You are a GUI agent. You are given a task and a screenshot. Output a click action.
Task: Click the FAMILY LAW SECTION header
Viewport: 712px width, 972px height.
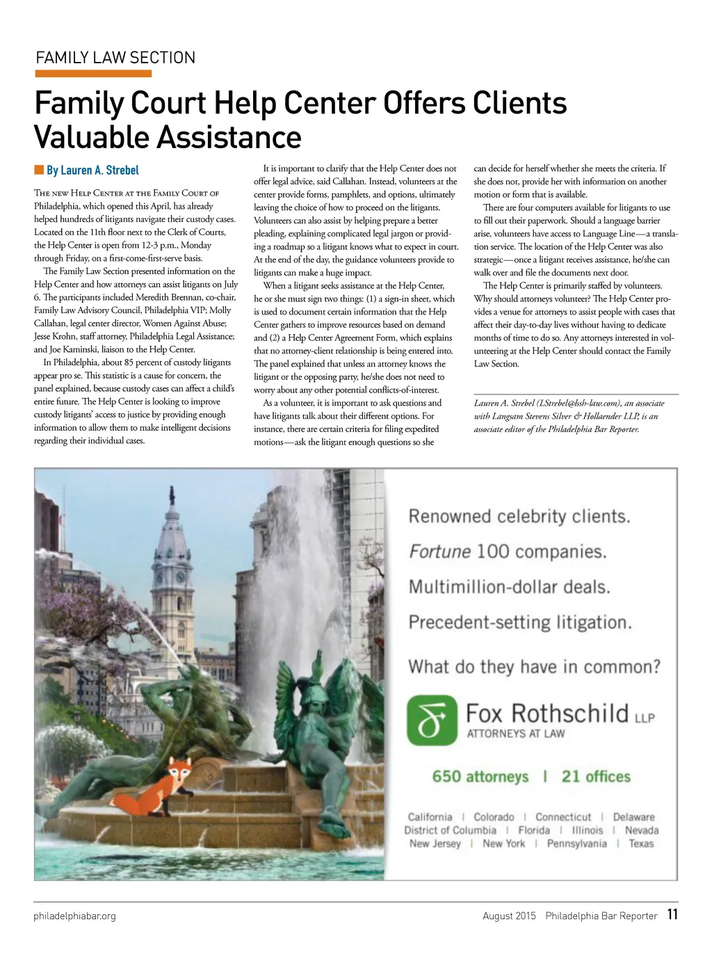115,58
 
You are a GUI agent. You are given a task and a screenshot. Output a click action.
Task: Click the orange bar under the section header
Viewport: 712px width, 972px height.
92,74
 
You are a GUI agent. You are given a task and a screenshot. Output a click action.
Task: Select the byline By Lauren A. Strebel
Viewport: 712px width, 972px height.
92,170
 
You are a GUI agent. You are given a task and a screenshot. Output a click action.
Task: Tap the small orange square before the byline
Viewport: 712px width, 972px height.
39,170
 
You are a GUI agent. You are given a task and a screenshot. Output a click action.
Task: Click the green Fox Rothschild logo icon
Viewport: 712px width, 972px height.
432,720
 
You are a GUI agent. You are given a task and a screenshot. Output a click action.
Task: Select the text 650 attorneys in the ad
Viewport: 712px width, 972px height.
480,776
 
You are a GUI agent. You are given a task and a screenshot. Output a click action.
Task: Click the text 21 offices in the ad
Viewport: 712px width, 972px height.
596,776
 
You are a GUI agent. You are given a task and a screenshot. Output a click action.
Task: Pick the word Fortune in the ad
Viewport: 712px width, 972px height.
439,552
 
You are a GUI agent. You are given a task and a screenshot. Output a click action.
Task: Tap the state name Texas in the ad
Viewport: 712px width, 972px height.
641,843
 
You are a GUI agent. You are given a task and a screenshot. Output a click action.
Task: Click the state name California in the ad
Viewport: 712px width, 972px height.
430,817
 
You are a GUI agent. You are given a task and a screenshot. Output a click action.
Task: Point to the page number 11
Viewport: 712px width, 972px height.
672,914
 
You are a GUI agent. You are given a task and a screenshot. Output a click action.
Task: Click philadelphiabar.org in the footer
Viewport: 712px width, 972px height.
75,916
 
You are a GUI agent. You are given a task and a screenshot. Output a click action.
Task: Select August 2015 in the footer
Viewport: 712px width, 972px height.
509,916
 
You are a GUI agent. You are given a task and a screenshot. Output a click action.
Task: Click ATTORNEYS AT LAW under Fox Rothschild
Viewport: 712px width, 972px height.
516,733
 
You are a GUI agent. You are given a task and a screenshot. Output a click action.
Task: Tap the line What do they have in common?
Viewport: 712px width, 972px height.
534,667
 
